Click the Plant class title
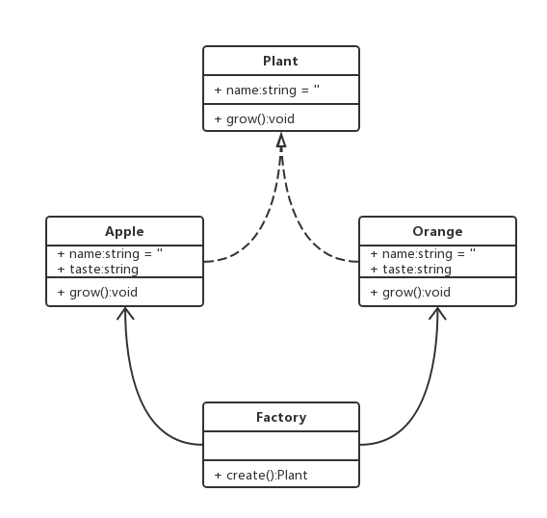[x=280, y=61]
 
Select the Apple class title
[x=124, y=231]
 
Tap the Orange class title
[x=437, y=231]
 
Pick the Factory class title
[x=280, y=417]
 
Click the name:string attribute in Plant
[x=267, y=90]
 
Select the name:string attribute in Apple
[x=110, y=254]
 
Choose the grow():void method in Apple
[x=97, y=292]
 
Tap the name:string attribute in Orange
[x=423, y=254]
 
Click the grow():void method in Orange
[x=410, y=292]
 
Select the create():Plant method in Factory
[x=260, y=475]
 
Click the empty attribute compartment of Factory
[x=280, y=446]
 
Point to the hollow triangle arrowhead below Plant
[x=281, y=141]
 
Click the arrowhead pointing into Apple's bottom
[x=125, y=313]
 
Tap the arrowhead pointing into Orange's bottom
[x=438, y=313]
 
